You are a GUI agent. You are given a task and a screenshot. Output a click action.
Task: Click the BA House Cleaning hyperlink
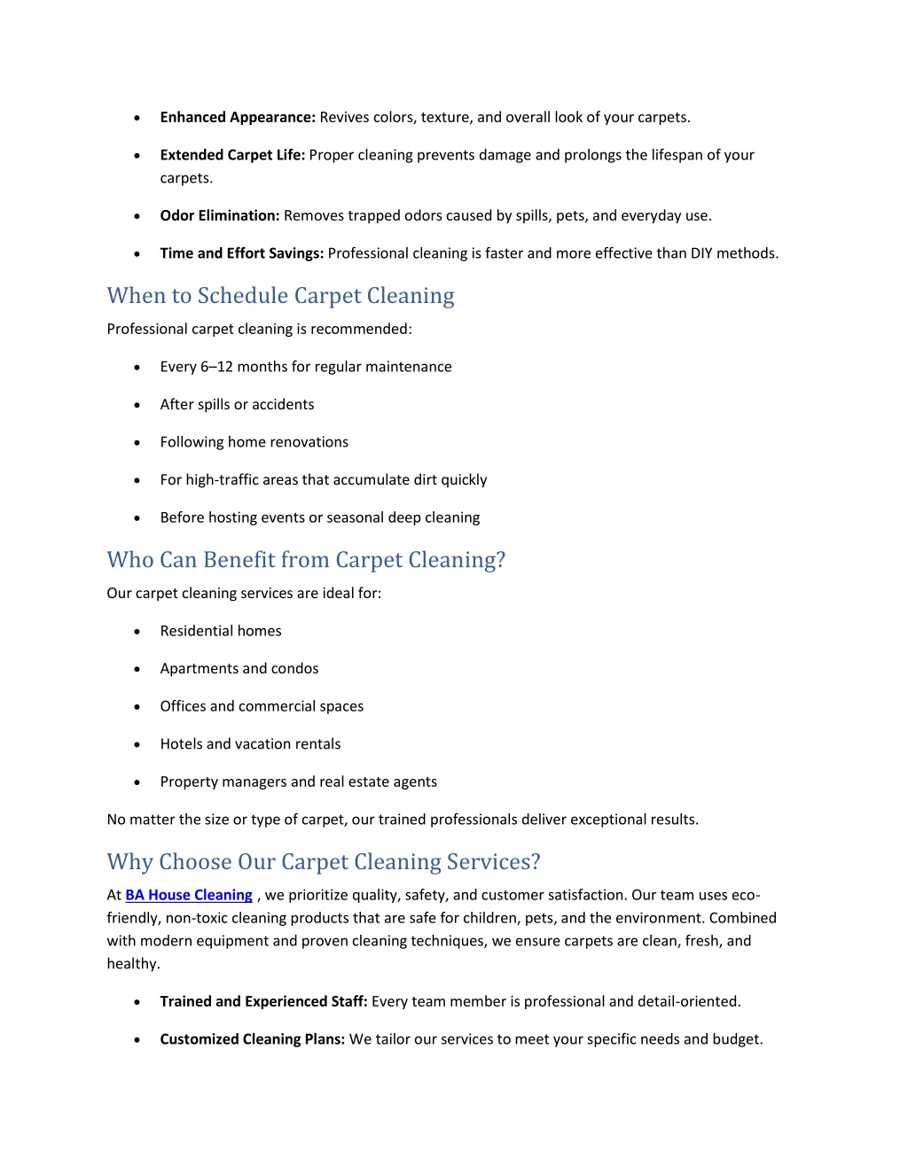coord(189,895)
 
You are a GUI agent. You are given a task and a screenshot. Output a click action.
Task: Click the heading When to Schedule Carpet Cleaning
coord(280,296)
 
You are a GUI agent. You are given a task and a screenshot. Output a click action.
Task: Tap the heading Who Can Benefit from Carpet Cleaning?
coord(306,560)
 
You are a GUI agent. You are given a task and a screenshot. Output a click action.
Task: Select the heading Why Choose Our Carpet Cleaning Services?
coord(324,862)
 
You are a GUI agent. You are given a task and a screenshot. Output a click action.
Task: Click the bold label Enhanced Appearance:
coord(238,117)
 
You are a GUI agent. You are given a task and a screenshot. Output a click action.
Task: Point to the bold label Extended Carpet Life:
coord(232,155)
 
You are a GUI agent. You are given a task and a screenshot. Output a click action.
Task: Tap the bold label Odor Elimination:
coord(220,215)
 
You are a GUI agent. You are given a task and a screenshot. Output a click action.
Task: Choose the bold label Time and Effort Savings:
coord(241,253)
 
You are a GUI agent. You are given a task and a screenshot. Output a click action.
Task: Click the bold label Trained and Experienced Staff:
coord(263,1001)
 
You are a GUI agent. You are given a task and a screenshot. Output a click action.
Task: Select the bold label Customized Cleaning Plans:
coord(252,1039)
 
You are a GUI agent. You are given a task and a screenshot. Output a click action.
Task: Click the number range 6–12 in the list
coord(216,367)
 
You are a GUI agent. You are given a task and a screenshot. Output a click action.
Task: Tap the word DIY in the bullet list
coord(701,253)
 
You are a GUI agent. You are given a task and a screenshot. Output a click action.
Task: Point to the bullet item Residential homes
coord(221,631)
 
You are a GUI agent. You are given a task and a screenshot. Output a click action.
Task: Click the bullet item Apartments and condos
coord(239,669)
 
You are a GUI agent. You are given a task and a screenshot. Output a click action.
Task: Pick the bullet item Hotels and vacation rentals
coord(250,744)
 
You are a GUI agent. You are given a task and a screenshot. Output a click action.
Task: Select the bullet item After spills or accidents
coord(237,405)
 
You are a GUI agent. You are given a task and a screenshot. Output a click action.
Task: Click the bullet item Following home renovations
coord(254,442)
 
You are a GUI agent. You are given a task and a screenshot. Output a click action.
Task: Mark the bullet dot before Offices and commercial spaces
coord(137,707)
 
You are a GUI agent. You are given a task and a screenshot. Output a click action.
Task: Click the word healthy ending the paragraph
coord(132,964)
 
